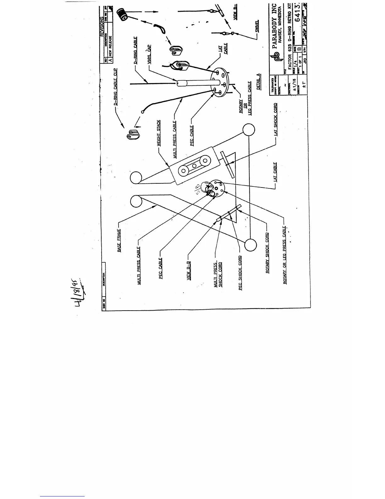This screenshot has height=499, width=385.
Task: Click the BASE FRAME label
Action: coord(120,241)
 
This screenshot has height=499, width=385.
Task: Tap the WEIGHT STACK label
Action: coord(159,133)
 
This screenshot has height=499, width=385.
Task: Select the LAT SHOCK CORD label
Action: coord(276,119)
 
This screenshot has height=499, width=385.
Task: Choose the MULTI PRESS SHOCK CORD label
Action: coord(218,275)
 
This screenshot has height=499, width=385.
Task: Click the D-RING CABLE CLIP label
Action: coord(115,87)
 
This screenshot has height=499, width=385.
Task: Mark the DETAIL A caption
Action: coord(259,82)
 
